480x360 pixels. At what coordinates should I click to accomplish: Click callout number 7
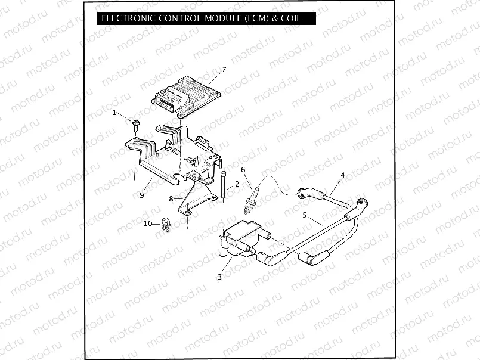tap(224, 70)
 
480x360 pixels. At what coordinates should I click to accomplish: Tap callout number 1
tap(115, 111)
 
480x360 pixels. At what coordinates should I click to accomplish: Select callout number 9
tap(142, 195)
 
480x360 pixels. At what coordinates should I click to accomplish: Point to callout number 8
tap(171, 198)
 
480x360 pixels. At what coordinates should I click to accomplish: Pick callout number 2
tap(237, 184)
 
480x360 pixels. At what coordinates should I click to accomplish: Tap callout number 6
tap(243, 170)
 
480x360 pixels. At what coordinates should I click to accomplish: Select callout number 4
tap(342, 175)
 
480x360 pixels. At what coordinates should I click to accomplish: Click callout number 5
tap(304, 215)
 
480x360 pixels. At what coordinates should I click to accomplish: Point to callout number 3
tap(219, 277)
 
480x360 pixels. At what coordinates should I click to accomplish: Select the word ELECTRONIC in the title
tap(128, 18)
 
